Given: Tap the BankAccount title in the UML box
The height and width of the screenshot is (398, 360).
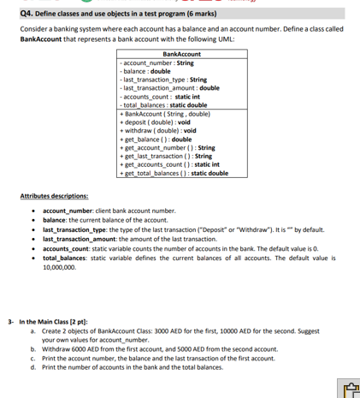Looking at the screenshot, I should (x=181, y=54).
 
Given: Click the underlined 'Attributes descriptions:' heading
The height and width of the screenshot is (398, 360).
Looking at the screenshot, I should (x=53, y=196).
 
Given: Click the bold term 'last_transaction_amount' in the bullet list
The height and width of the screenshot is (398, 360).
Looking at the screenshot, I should (x=79, y=238).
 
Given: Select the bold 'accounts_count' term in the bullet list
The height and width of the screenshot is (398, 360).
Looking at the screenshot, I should (x=63, y=247).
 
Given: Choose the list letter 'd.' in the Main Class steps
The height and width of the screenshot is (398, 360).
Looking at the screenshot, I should (x=32, y=367).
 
